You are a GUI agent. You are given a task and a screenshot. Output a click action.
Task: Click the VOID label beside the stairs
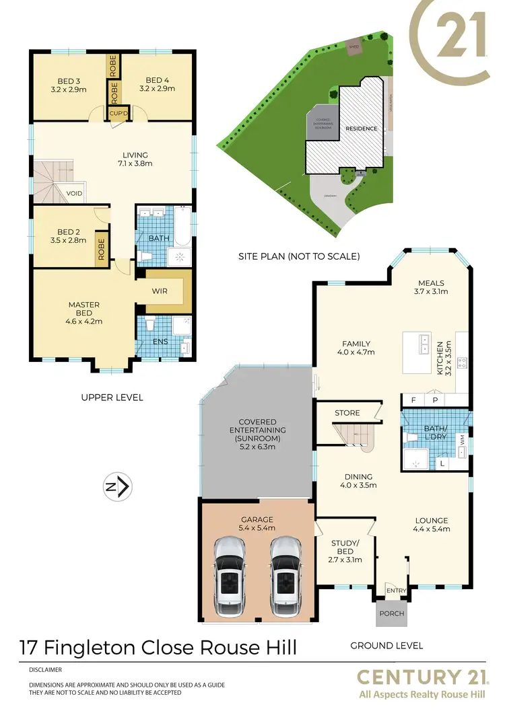[74, 193]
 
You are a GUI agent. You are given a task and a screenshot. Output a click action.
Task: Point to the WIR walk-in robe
[159, 291]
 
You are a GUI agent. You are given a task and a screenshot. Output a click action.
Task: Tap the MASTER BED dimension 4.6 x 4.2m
[84, 322]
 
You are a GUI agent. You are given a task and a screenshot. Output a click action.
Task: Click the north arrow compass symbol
[120, 486]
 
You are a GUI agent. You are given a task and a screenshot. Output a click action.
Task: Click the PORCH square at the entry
[391, 613]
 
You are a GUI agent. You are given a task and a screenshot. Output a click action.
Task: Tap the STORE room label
[347, 413]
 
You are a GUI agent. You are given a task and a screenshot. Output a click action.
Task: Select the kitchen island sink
[424, 344]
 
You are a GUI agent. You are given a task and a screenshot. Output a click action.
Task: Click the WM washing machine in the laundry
[461, 439]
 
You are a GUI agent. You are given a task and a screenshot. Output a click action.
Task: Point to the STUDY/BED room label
[345, 548]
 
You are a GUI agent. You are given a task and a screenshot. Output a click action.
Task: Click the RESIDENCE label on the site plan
[362, 128]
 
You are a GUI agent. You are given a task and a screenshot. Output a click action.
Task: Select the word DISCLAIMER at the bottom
[46, 670]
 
